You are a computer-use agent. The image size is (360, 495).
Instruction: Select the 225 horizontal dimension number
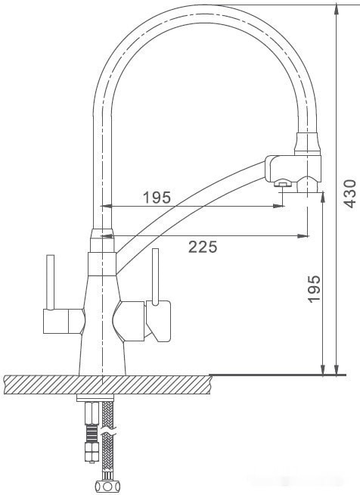tap(202, 246)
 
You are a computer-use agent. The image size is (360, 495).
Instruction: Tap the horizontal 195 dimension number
tap(157, 198)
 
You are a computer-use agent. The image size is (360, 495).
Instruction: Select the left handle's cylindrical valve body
tap(61, 322)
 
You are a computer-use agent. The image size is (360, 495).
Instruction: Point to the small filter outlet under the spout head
tap(281, 183)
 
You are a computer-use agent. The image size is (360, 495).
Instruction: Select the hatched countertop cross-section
tap(106, 384)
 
